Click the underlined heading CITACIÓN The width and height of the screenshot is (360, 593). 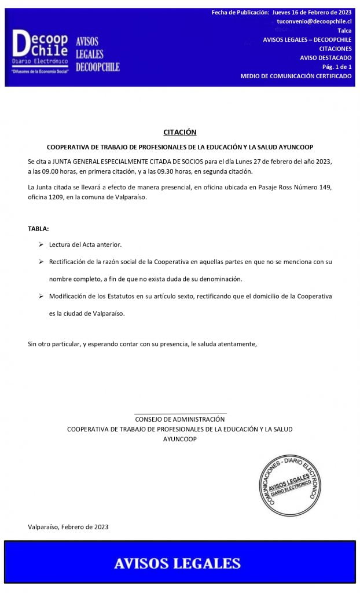(179, 132)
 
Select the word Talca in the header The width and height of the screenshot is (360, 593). (344, 30)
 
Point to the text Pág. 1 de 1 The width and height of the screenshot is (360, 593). (337, 67)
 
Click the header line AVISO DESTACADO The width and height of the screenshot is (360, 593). (326, 58)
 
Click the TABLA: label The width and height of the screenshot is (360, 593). (38, 229)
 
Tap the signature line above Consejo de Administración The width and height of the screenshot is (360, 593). (180, 413)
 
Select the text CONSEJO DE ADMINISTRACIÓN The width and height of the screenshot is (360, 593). (179, 419)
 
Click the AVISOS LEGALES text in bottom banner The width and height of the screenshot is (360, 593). (177, 563)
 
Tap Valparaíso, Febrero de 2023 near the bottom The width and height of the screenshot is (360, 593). (68, 527)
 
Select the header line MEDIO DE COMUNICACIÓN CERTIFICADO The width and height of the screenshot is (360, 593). (296, 76)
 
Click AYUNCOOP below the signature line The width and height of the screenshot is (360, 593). (179, 440)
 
